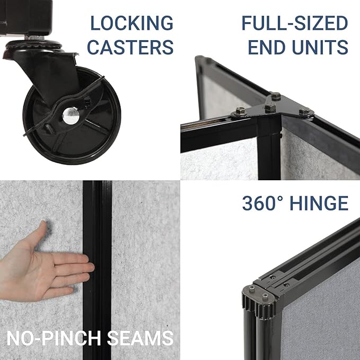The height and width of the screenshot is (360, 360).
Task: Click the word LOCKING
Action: click(131, 23)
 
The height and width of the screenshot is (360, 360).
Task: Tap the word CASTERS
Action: click(130, 47)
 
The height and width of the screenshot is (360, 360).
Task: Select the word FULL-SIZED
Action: click(295, 23)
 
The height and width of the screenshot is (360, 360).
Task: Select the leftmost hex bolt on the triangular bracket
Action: click(239, 111)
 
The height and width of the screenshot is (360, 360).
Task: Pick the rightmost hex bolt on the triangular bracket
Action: click(305, 112)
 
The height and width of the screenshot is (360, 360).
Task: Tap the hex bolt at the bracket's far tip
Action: click(275, 96)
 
